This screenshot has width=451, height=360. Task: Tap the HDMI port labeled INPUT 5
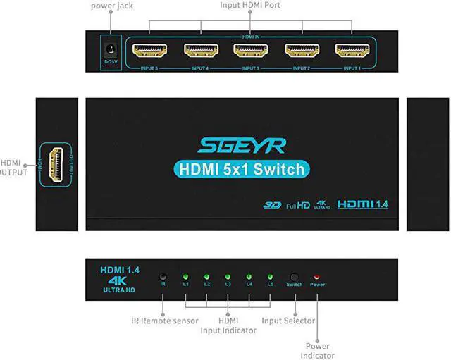click(150, 51)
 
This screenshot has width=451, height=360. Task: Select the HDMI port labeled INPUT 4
click(201, 51)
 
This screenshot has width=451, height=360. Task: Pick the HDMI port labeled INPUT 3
click(251, 51)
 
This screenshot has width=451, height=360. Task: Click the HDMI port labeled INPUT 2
click(302, 51)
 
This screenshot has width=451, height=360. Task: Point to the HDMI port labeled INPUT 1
click(352, 51)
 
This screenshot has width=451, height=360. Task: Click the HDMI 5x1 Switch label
click(242, 169)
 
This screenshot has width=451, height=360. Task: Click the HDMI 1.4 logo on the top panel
click(363, 204)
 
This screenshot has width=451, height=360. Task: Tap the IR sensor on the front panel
click(163, 277)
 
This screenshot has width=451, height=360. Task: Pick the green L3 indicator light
click(228, 277)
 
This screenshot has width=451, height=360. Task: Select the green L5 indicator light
click(270, 277)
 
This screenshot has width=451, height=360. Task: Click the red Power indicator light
click(317, 277)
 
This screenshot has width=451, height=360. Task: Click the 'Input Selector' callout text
click(288, 321)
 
